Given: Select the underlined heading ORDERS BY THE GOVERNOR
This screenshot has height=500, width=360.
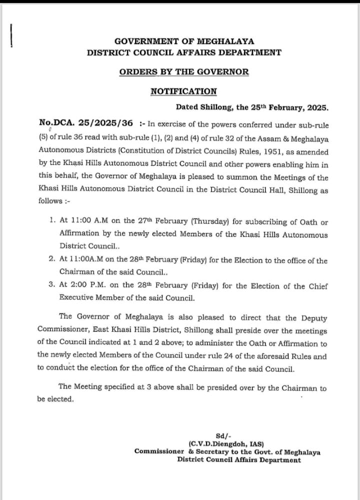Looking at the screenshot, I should coord(184,71).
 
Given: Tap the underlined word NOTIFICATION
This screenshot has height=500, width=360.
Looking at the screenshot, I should coord(184,91).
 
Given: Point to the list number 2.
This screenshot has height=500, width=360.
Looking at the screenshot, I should coord(51,261).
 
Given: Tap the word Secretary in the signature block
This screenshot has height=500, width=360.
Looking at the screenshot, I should coord(217,452).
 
